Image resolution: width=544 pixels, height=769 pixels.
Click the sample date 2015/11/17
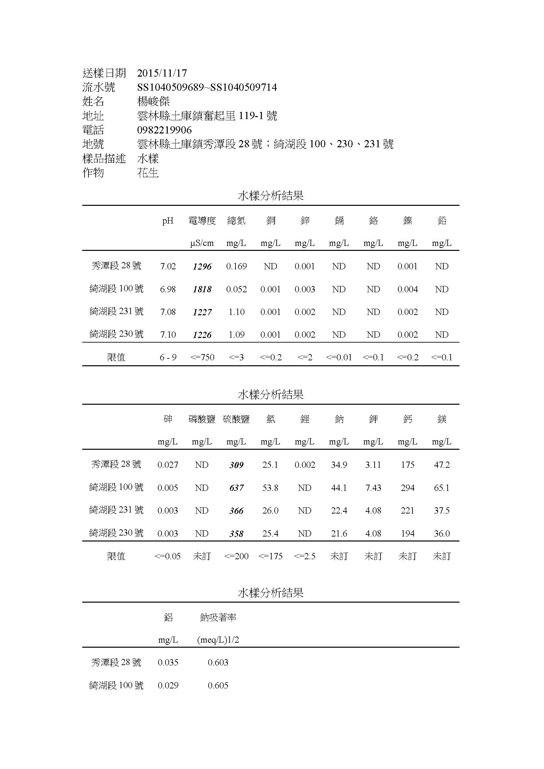[162, 73]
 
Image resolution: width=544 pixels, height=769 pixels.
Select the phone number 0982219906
[164, 130]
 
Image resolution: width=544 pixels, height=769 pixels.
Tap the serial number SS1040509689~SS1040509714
[207, 87]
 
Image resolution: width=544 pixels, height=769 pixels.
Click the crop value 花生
[148, 173]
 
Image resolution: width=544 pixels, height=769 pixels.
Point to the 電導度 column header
[202, 221]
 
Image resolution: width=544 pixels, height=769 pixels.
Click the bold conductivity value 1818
[202, 289]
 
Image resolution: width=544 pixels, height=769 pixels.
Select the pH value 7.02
[168, 267]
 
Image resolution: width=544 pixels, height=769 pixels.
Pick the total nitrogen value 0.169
[236, 267]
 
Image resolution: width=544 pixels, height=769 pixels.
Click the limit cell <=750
[202, 358]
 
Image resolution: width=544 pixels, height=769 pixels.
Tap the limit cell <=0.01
[339, 358]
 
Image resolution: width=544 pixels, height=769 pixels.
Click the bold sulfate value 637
[236, 488]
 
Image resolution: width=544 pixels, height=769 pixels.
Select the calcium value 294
[408, 488]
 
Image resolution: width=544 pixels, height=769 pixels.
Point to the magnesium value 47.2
[442, 465]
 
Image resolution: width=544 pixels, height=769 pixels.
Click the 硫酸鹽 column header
[236, 419]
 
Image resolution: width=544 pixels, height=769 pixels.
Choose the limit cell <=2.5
[305, 556]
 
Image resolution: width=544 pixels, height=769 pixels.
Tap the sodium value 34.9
[339, 465]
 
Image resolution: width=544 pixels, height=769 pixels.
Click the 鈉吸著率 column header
[218, 618]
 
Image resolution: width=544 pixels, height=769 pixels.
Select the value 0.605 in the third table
[218, 685]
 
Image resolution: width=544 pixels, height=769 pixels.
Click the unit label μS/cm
[202, 244]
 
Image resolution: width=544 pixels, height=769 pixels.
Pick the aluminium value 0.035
[168, 662]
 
